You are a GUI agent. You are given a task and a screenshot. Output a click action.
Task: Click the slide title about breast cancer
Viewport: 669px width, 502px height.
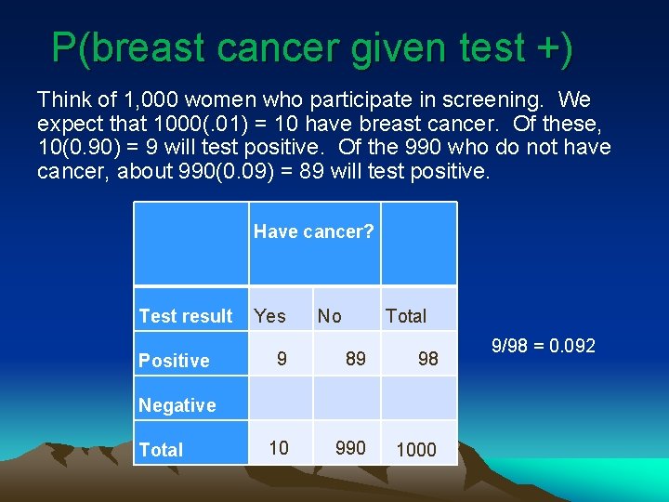click(x=312, y=47)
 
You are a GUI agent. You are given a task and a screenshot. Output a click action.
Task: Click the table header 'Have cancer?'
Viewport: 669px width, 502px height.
click(x=314, y=231)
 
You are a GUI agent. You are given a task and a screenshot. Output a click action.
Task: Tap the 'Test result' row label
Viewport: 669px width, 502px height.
click(x=185, y=316)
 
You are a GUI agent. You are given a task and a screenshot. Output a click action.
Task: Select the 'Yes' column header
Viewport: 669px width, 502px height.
click(x=269, y=316)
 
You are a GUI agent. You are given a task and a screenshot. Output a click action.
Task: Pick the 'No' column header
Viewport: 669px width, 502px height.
click(x=329, y=316)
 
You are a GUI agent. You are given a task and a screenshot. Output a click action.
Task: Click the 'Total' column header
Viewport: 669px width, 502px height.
click(x=406, y=316)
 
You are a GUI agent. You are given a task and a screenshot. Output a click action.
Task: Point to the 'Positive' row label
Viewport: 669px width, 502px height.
click(x=174, y=361)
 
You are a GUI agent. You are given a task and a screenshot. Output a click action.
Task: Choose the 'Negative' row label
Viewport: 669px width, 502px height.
click(x=177, y=405)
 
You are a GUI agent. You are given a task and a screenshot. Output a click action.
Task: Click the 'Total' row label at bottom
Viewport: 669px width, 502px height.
click(x=161, y=450)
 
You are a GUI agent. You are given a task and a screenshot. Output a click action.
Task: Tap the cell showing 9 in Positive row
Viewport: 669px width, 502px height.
click(x=282, y=358)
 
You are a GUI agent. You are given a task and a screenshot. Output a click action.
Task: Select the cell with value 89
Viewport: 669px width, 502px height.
click(x=355, y=358)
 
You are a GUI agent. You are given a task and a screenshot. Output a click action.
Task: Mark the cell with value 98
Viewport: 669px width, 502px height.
click(x=427, y=359)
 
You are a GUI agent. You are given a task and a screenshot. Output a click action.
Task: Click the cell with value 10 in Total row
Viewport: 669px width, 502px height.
click(x=279, y=448)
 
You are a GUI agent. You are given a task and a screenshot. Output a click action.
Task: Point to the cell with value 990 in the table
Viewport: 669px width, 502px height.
click(x=350, y=448)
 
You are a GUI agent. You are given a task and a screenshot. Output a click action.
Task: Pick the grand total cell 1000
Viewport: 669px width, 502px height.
click(x=415, y=450)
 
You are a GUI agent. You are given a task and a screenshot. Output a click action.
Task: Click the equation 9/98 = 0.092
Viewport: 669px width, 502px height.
click(x=544, y=347)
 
